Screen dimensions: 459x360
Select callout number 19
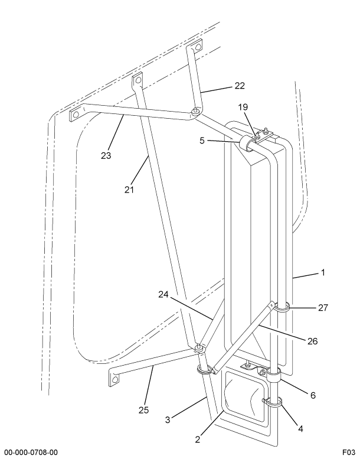pyautogui.click(x=243, y=108)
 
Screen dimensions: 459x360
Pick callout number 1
pyautogui.click(x=323, y=273)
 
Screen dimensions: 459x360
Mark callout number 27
pyautogui.click(x=322, y=307)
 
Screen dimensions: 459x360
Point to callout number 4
pyautogui.click(x=300, y=429)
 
